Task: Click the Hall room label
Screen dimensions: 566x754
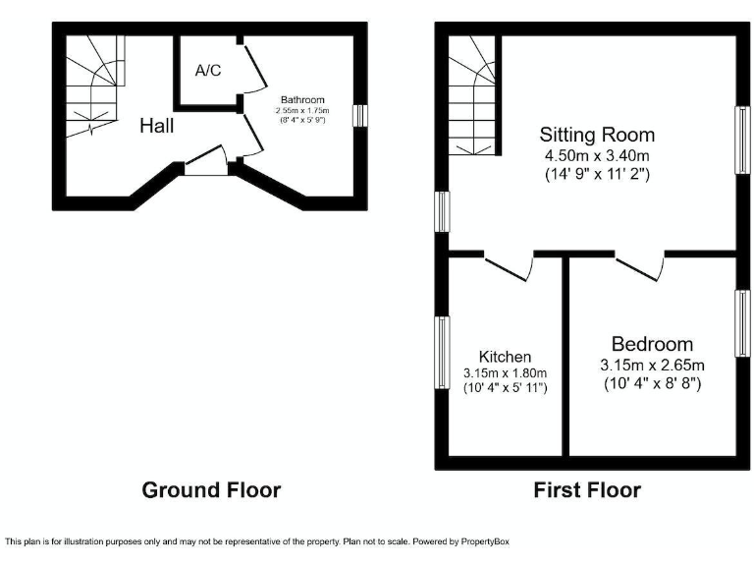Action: (157, 126)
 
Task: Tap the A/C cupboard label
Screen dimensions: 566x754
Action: (207, 71)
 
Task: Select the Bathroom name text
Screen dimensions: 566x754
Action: (302, 100)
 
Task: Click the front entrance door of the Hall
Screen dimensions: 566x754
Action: (206, 162)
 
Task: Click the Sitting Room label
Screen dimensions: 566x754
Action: (597, 135)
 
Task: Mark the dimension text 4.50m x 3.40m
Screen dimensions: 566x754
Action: (597, 155)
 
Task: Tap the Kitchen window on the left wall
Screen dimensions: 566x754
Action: (443, 352)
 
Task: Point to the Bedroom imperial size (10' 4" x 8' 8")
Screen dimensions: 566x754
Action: (652, 383)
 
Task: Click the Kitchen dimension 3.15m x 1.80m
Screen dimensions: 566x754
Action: (505, 373)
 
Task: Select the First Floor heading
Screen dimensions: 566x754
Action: (587, 489)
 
